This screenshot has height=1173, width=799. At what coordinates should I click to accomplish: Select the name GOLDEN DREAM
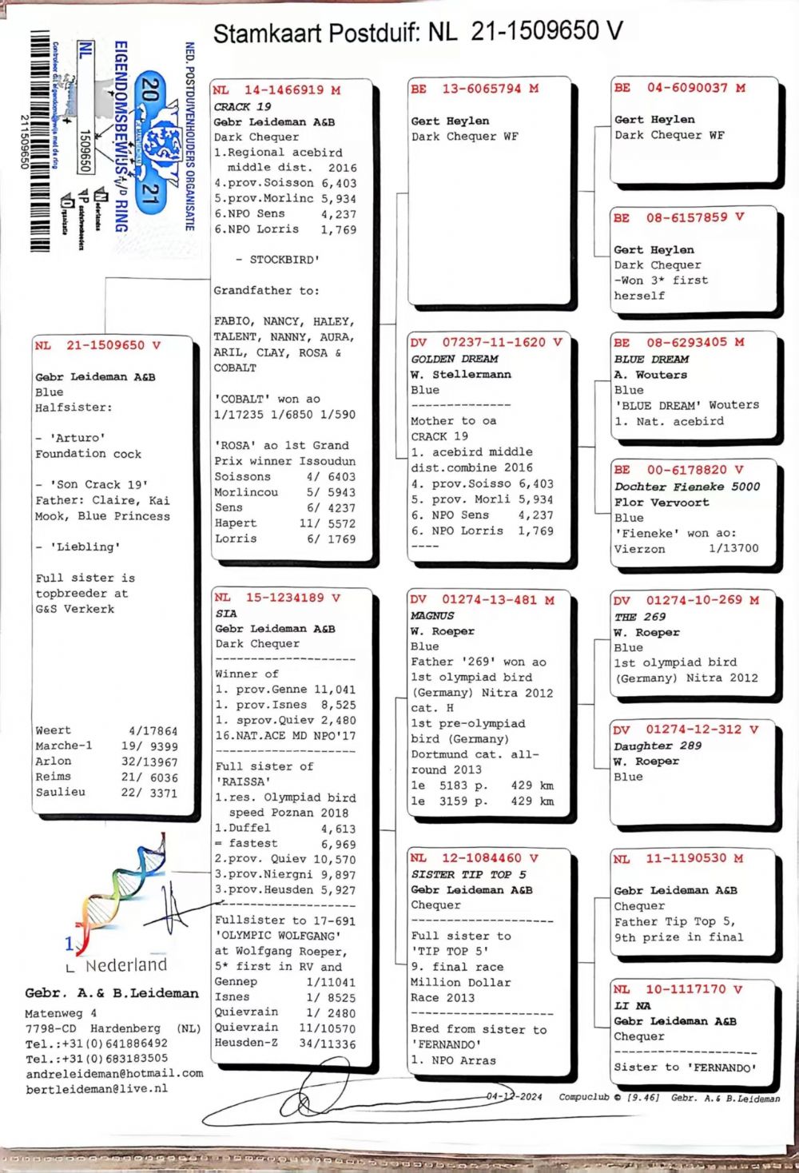[454, 359]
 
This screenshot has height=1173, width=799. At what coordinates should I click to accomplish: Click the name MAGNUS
[432, 615]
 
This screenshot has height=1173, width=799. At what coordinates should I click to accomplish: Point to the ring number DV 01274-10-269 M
[686, 600]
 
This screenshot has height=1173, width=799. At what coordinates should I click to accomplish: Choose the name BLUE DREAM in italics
[651, 360]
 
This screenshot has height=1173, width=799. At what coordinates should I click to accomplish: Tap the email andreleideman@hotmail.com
[114, 1073]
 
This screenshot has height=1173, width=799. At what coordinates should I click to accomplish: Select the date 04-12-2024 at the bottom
[514, 1096]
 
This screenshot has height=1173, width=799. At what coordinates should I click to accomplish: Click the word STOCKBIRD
[284, 260]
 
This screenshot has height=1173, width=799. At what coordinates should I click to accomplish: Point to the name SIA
[226, 614]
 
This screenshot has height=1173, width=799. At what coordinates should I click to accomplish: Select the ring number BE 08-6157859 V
[679, 217]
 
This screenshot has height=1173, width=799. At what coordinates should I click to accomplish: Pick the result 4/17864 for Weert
[153, 730]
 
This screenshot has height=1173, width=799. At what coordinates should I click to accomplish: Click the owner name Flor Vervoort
[662, 503]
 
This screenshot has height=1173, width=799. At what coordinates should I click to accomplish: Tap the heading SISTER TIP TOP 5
[468, 874]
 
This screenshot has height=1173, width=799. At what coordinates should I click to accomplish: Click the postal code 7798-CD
[51, 1028]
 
